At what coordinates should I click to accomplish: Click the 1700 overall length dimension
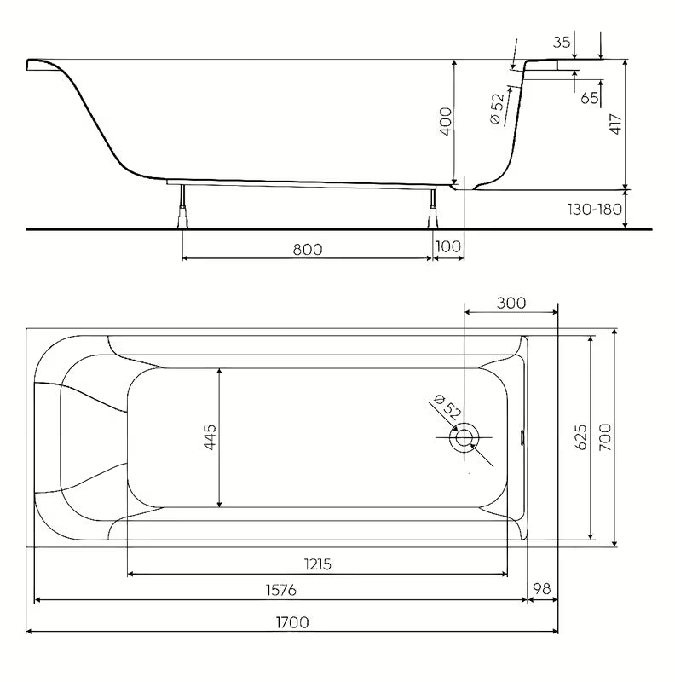pos(292,622)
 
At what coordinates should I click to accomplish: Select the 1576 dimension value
pos(281,590)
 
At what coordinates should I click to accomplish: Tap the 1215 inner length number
pos(318,564)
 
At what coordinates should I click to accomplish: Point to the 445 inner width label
pos(210,437)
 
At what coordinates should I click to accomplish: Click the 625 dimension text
pos(581,437)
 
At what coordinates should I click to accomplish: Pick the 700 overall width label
pos(605,437)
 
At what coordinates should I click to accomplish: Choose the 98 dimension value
pos(542,589)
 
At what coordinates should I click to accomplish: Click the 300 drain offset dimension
pos(511,303)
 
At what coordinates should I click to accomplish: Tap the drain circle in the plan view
pos(464,437)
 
